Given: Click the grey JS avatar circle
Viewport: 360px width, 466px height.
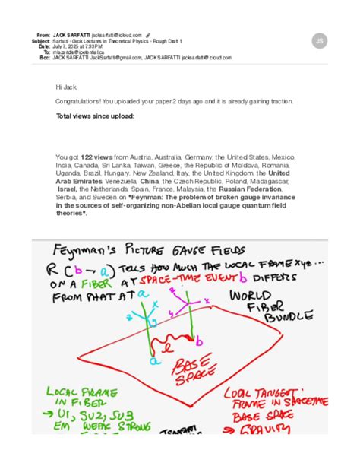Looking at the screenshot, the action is pyautogui.click(x=320, y=41).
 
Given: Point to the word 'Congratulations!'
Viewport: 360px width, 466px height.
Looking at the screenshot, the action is pyautogui.click(x=77, y=101).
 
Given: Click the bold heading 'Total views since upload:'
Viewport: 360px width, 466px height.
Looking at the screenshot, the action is pyautogui.click(x=95, y=116).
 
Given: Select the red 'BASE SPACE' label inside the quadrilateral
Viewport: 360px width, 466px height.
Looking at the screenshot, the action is pyautogui.click(x=203, y=370).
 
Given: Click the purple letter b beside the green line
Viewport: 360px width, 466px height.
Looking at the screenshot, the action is pyautogui.click(x=199, y=337).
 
